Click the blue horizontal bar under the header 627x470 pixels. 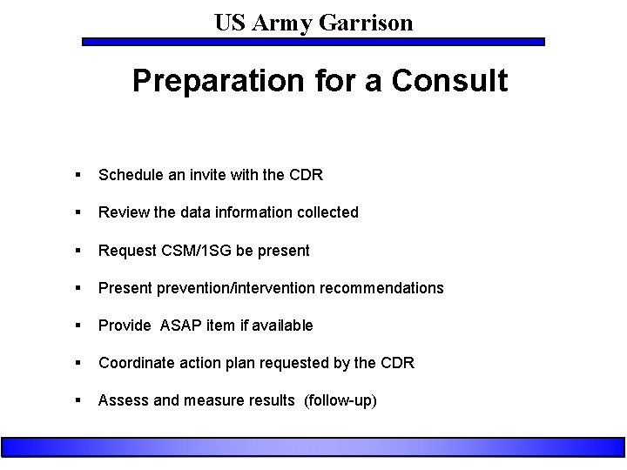point(313,41)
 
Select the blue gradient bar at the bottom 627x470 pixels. point(313,447)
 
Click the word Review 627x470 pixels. point(121,212)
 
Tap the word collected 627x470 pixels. point(327,212)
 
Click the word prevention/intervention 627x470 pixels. point(238,288)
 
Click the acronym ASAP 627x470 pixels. point(176,326)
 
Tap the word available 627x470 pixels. point(282,326)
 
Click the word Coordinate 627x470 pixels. point(135,363)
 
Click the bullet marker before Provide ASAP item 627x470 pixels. point(79,326)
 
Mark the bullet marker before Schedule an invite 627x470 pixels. point(79,175)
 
